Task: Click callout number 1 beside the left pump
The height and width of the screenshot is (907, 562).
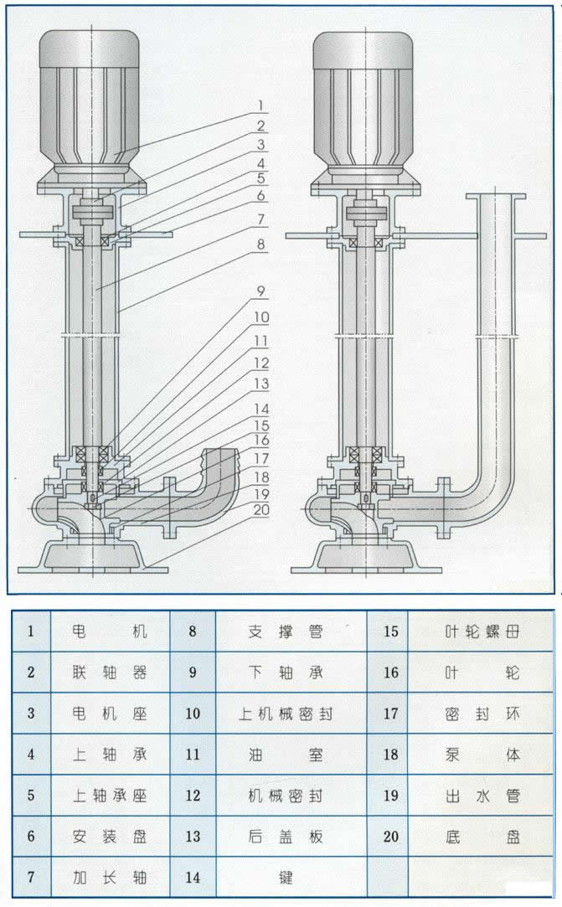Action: point(260,106)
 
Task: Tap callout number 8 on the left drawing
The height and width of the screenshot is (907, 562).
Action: point(260,246)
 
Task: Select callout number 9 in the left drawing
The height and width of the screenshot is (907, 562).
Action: point(260,291)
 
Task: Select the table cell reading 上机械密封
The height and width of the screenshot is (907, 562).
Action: point(286,714)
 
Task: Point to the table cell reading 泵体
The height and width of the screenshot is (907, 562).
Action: point(482,755)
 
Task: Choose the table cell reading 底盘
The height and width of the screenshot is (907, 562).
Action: point(482,837)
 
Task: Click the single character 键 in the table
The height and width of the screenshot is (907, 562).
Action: point(286,878)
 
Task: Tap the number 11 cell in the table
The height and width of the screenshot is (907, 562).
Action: point(193,755)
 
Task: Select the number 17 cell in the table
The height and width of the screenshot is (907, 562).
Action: point(390,714)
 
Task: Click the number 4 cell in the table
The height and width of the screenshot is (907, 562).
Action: point(31,755)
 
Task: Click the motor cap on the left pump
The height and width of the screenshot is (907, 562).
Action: point(89,49)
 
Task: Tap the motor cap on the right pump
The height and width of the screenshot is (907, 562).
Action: point(363,49)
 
